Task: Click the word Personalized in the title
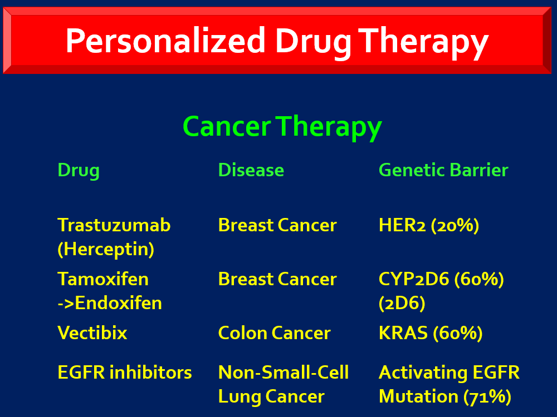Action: click(x=165, y=41)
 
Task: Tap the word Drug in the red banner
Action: click(x=313, y=43)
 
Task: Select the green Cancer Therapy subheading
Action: click(x=282, y=127)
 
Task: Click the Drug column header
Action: click(x=79, y=171)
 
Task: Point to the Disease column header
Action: click(x=251, y=170)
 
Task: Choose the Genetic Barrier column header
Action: click(x=443, y=170)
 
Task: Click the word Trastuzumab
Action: click(x=114, y=225)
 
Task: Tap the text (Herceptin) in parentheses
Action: click(x=106, y=249)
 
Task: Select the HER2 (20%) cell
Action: click(x=429, y=226)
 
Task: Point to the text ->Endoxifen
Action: click(x=110, y=303)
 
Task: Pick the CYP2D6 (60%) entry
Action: click(x=441, y=280)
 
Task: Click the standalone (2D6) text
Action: click(x=402, y=304)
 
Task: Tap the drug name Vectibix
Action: click(x=92, y=332)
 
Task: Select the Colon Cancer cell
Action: click(x=274, y=333)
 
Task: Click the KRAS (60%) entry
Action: click(x=431, y=333)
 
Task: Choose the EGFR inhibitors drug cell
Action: click(x=125, y=373)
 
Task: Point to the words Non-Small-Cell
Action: click(x=284, y=373)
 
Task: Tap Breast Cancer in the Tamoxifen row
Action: click(x=277, y=279)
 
